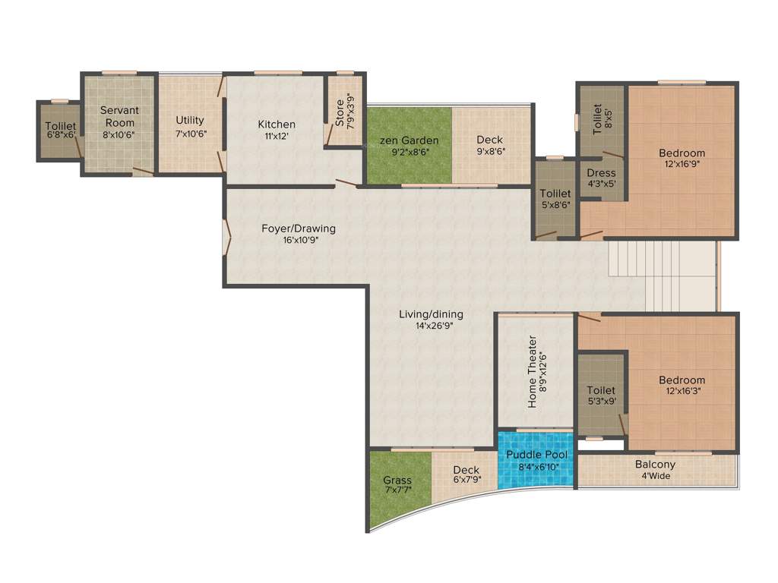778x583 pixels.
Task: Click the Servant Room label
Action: [x=119, y=116]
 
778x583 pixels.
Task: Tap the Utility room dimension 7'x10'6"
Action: [x=189, y=134]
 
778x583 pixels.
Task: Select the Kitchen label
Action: [x=277, y=124]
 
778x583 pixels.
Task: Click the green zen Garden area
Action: [x=409, y=144]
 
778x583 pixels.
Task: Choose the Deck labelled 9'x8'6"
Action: [x=490, y=144]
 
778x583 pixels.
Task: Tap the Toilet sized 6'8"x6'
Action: [x=60, y=131]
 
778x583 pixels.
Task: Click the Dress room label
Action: [x=601, y=173]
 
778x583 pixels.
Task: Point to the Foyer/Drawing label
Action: [x=298, y=228]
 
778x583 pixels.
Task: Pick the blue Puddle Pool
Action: [x=536, y=460]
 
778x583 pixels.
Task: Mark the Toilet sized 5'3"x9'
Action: [x=601, y=396]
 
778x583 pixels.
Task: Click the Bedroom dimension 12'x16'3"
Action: [x=682, y=392]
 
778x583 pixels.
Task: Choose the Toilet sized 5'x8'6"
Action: [x=554, y=200]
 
